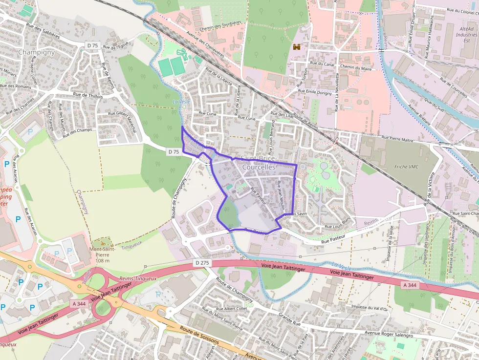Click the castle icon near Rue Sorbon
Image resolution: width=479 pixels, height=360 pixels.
coord(296,47)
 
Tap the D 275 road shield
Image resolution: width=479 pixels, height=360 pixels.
coord(202,263)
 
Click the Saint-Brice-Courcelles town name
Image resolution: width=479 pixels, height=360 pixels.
coord(259,163)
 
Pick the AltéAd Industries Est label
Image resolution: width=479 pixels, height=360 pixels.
coord(466,35)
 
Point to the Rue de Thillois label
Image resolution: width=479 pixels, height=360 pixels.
coord(88,96)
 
